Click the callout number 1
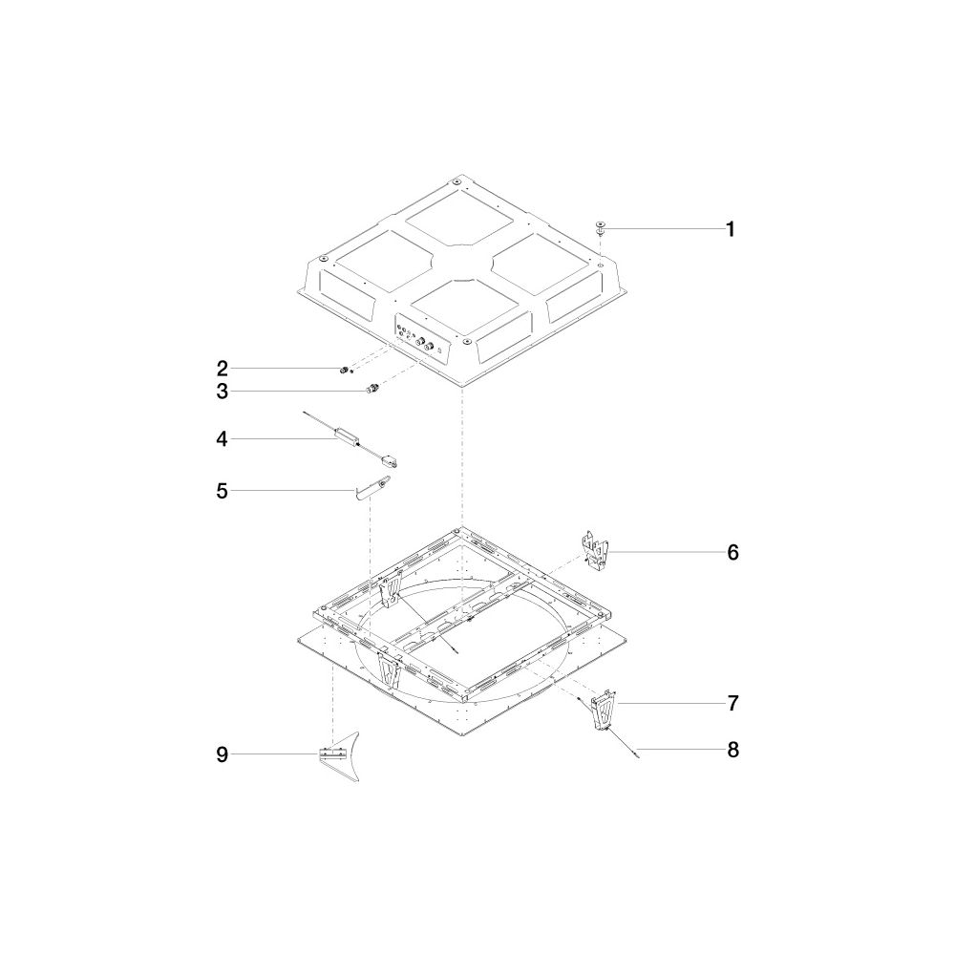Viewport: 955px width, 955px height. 731,229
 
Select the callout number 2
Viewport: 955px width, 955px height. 223,369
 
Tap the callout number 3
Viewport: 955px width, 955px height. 223,391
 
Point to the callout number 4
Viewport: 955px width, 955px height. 222,438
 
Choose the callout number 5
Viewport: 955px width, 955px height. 223,490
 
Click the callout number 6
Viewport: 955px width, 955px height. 732,552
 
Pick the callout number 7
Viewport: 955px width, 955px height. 732,703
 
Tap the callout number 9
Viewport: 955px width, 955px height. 223,754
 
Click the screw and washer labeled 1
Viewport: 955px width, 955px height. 601,228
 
